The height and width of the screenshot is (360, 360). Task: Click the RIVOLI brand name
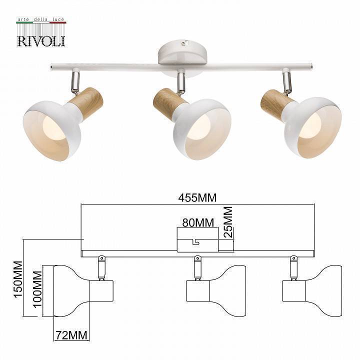point(41,40)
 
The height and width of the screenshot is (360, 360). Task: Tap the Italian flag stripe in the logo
point(41,23)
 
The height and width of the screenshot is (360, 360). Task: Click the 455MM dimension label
point(197,197)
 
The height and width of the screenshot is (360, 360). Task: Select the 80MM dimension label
point(197,222)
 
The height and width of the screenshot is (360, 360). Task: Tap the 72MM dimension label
point(70,334)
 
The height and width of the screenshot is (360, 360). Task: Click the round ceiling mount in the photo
point(180,56)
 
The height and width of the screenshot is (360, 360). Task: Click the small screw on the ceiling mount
point(184,44)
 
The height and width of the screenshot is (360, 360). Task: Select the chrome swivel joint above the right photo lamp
point(286,82)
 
